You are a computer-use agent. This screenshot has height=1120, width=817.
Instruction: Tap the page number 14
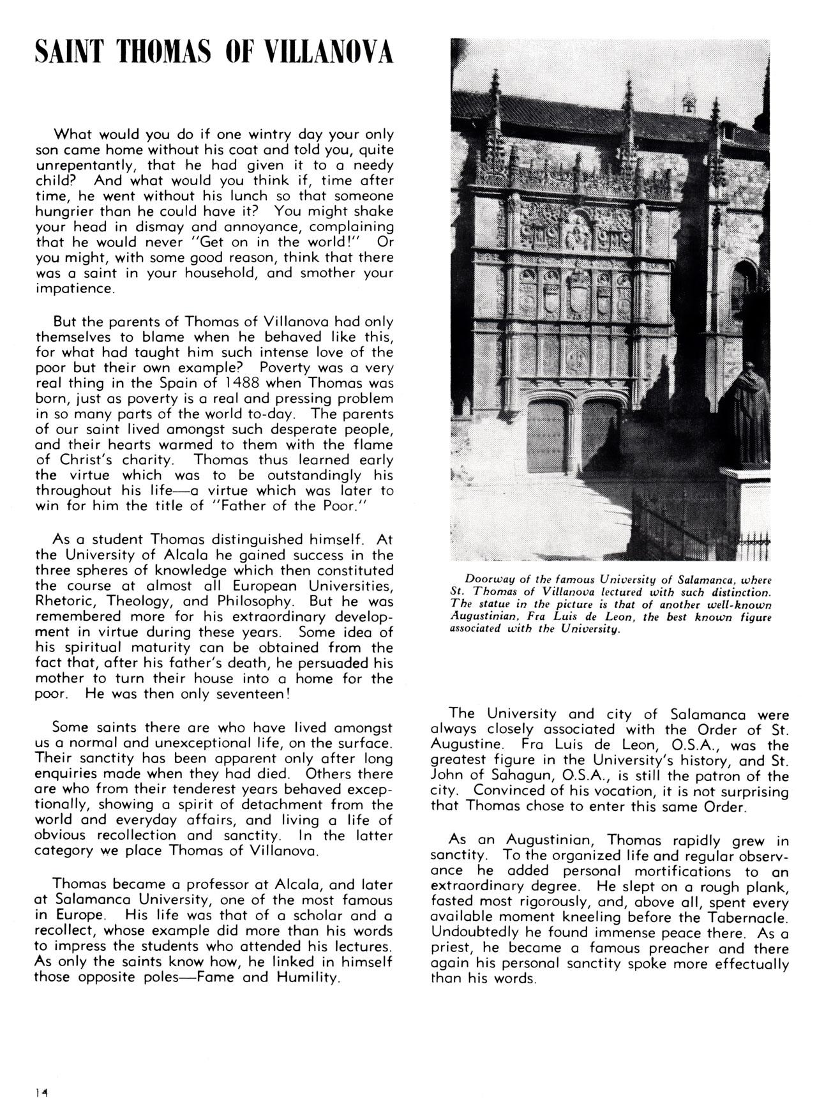pos(43,1093)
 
